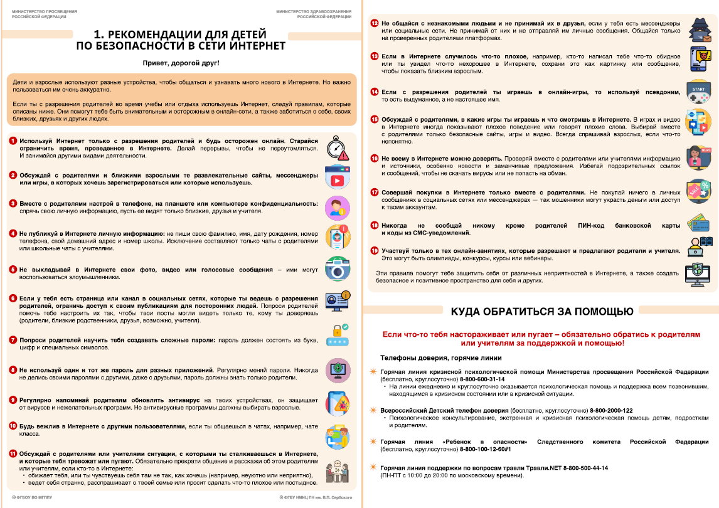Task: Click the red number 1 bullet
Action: click(13, 141)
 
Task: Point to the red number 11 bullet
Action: click(13, 453)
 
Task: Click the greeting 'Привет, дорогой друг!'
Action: click(180, 63)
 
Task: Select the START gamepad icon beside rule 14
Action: click(698, 92)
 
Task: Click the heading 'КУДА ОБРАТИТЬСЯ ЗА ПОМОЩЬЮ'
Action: click(541, 311)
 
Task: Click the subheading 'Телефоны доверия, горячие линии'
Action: click(440, 358)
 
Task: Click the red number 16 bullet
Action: click(374, 159)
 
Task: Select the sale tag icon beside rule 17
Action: click(698, 191)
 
